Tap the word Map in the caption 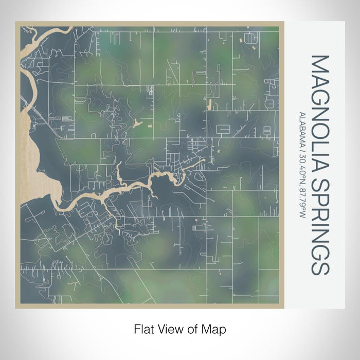[x=216, y=328]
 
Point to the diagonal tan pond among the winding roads [x=137, y=123]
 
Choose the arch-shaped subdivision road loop [x=251, y=37]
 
